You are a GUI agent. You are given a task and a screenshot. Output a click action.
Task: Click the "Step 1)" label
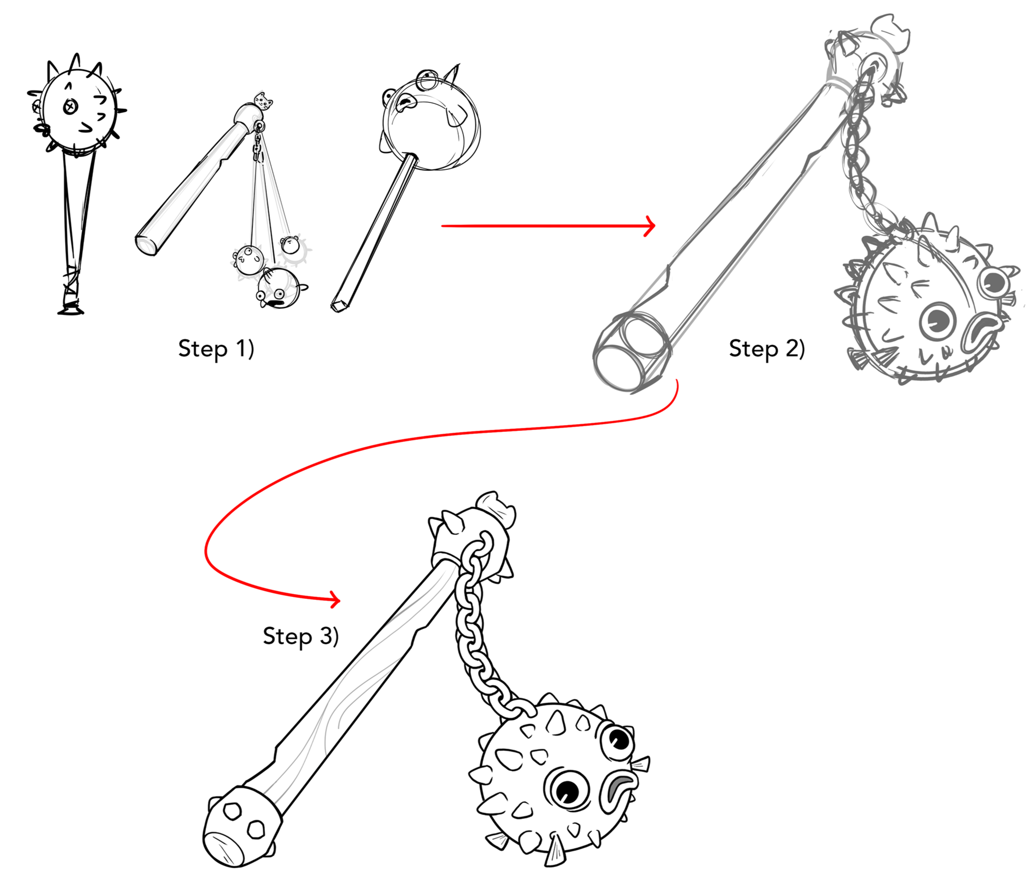point(216,348)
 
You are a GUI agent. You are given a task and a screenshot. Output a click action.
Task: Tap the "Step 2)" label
point(766,348)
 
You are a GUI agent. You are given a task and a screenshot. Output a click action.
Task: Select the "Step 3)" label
point(301,636)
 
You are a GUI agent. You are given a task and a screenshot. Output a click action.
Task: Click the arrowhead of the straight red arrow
point(650,226)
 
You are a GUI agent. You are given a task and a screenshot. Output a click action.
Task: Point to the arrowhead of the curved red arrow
point(335,599)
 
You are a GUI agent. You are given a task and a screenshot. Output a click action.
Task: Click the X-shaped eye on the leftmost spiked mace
point(71,106)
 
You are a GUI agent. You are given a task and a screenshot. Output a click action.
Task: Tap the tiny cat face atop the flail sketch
point(264,100)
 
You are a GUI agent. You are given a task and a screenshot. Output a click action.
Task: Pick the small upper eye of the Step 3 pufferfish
point(618,738)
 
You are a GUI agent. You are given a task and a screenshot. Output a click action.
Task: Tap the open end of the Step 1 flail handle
point(147,245)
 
